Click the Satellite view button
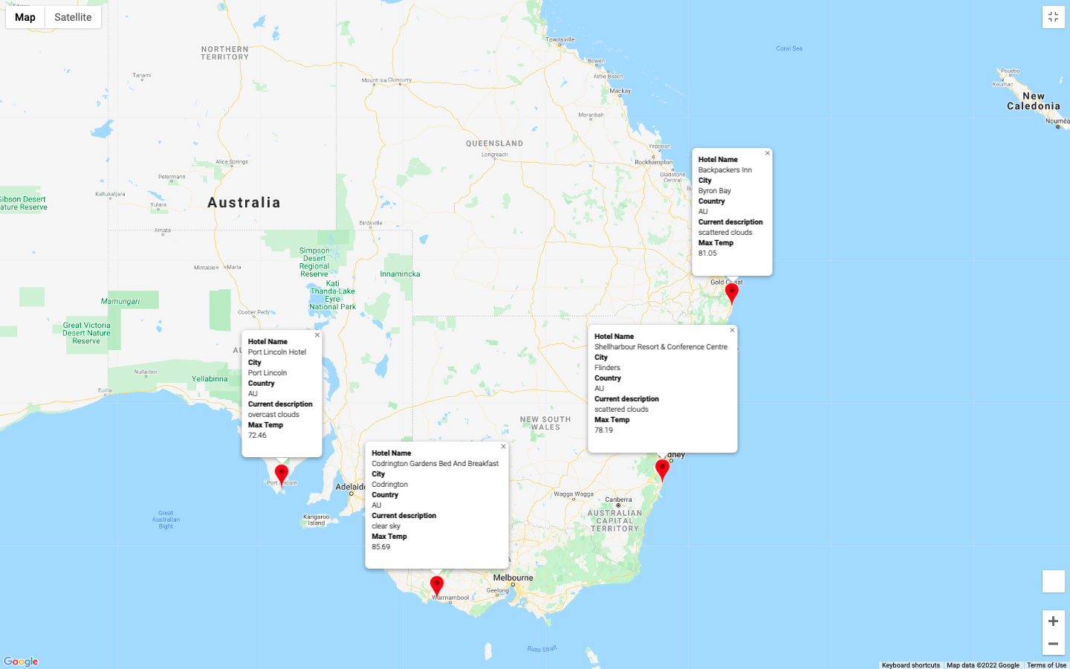point(73,17)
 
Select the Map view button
point(25,17)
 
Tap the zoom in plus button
point(1053,621)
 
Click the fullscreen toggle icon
point(1053,17)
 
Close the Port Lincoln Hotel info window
point(317,335)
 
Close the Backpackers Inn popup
point(768,153)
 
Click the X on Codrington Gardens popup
point(503,447)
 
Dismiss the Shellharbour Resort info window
point(732,330)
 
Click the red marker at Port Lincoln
point(282,473)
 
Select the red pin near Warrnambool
point(437,584)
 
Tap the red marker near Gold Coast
point(732,291)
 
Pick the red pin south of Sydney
point(662,468)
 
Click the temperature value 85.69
point(381,547)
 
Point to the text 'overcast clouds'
point(273,415)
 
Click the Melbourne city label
point(513,578)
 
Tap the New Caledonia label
point(1033,101)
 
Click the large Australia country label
point(244,203)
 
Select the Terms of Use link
point(1046,665)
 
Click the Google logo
point(21,662)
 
